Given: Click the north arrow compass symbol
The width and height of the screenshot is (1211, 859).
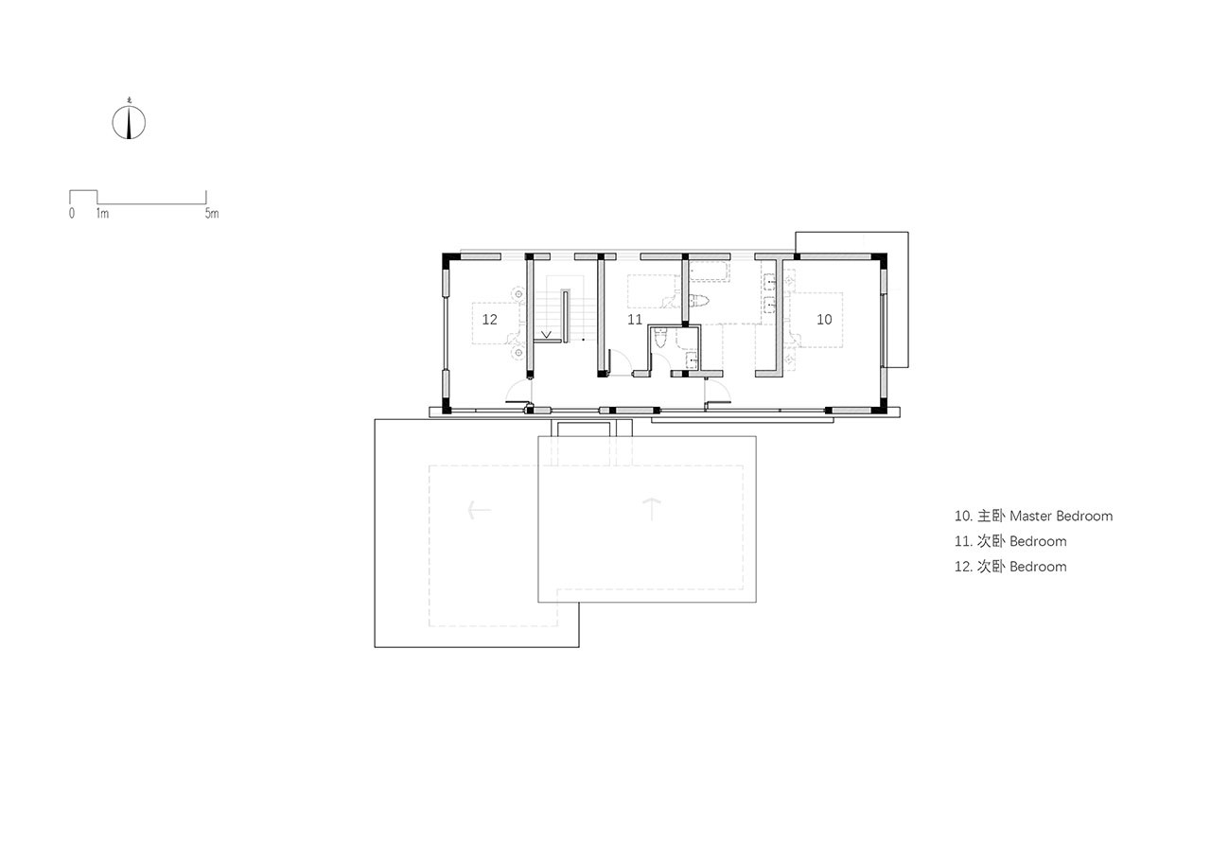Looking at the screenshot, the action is pyautogui.click(x=129, y=122).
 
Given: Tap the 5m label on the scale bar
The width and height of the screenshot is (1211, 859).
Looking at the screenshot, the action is pyautogui.click(x=212, y=213).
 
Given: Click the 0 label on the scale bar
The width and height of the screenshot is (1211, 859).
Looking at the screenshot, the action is pyautogui.click(x=72, y=213).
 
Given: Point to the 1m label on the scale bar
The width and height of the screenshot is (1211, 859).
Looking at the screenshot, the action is pyautogui.click(x=102, y=213).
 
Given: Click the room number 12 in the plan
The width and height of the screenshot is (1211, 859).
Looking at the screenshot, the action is pyautogui.click(x=489, y=320).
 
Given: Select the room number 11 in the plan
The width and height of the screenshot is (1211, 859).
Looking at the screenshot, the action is pyautogui.click(x=635, y=320).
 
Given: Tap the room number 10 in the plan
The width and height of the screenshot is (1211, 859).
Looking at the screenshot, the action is pyautogui.click(x=824, y=320).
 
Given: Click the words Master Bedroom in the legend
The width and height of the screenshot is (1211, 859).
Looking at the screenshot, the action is pyautogui.click(x=1061, y=516).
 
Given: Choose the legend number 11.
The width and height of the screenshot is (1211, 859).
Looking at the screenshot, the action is pyautogui.click(x=963, y=541).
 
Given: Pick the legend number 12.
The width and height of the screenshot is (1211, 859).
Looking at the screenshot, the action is pyautogui.click(x=963, y=567).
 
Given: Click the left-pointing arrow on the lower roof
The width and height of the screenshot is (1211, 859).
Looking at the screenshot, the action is pyautogui.click(x=479, y=510).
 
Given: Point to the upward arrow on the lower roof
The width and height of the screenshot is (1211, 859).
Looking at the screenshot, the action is pyautogui.click(x=652, y=509).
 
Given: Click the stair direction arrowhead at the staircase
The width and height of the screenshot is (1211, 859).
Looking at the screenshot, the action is pyautogui.click(x=546, y=335).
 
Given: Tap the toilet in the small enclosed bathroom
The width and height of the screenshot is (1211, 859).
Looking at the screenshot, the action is pyautogui.click(x=660, y=339).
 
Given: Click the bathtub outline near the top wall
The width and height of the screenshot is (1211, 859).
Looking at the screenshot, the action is pyautogui.click(x=710, y=271).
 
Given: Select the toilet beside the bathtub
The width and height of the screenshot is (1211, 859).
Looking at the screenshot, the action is pyautogui.click(x=699, y=301).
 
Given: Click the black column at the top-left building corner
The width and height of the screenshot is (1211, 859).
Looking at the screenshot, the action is pyautogui.click(x=448, y=258).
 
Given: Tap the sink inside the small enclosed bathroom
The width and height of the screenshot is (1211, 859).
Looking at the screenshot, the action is pyautogui.click(x=692, y=359).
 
